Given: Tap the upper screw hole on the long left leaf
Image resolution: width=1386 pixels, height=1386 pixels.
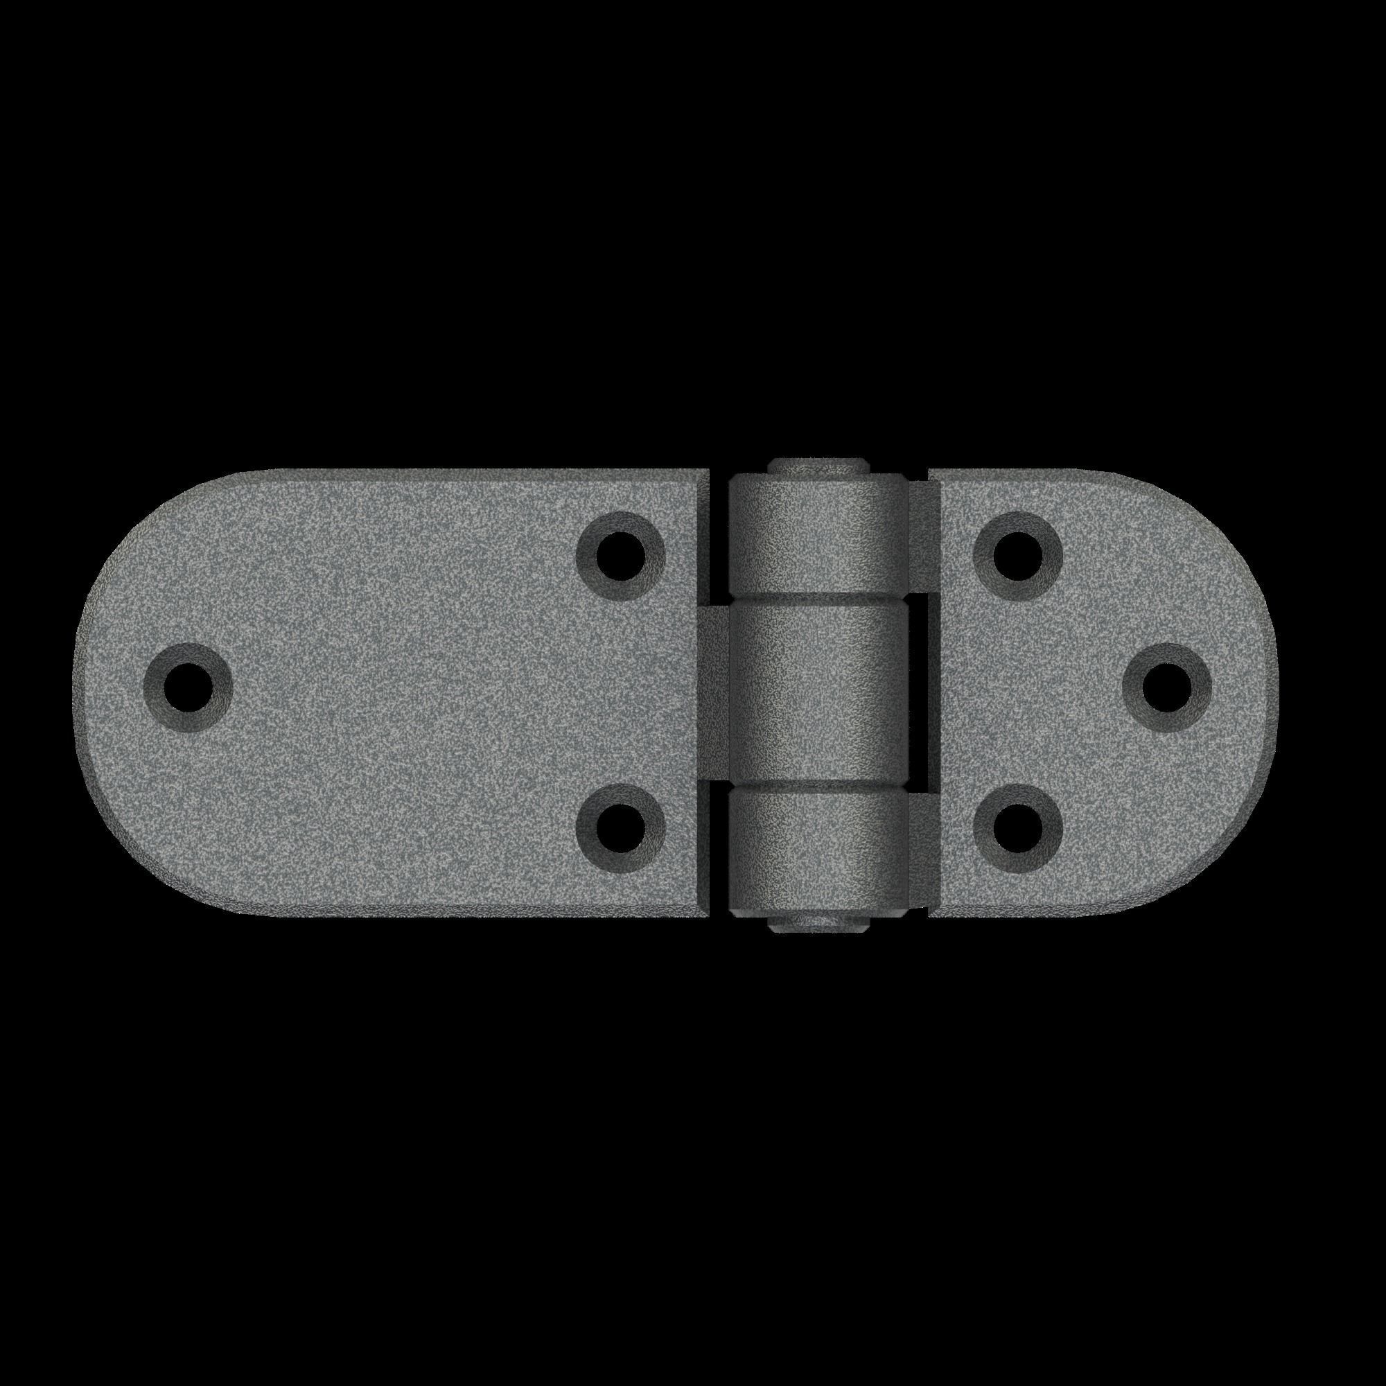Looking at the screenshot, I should [620, 556].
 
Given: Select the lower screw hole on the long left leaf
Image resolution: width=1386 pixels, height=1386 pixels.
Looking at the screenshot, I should [620, 828].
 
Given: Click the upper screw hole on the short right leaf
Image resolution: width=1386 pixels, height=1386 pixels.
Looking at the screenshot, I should [1018, 556].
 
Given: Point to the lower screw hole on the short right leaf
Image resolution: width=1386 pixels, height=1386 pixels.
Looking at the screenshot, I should [1018, 828].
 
